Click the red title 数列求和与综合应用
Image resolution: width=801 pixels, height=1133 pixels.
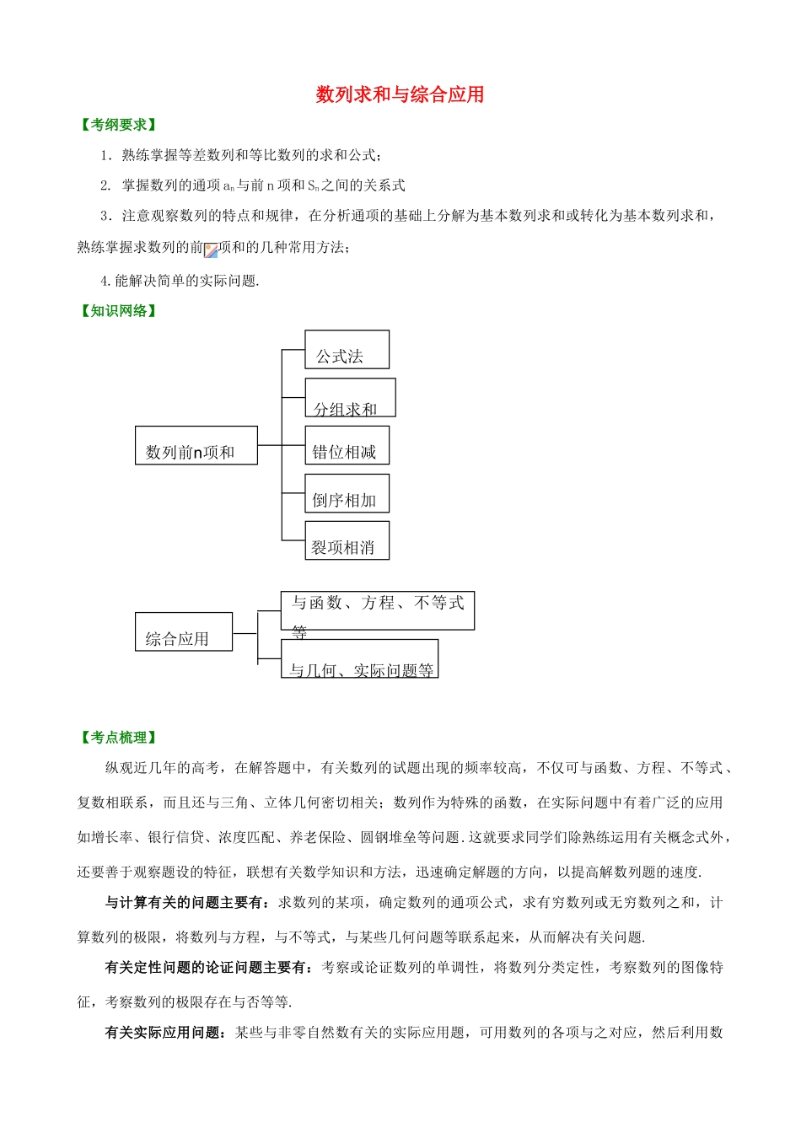(400, 94)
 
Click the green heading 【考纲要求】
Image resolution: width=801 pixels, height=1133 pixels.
(119, 125)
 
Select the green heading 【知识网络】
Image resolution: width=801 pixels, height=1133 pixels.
(119, 311)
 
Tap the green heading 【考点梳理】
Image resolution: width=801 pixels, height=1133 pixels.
(119, 738)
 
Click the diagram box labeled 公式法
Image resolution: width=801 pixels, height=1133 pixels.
(347, 350)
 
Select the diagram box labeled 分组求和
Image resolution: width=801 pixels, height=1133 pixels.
(350, 398)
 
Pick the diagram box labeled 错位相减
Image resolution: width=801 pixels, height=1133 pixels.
(347, 445)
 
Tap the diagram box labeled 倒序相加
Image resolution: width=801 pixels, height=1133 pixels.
(347, 493)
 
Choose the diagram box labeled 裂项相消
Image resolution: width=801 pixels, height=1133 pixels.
(347, 540)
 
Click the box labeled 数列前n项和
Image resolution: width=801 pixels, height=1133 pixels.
(196, 445)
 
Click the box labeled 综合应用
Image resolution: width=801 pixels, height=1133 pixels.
(183, 631)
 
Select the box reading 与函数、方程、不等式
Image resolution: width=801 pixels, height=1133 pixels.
(377, 610)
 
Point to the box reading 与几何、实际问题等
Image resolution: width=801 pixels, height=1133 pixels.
(359, 659)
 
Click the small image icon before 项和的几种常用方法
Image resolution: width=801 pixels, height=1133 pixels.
(211, 250)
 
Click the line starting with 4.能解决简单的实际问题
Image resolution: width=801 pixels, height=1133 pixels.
(180, 281)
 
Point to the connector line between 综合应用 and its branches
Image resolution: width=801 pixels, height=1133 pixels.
(245, 633)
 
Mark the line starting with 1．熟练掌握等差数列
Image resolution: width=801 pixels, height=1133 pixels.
(241, 155)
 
